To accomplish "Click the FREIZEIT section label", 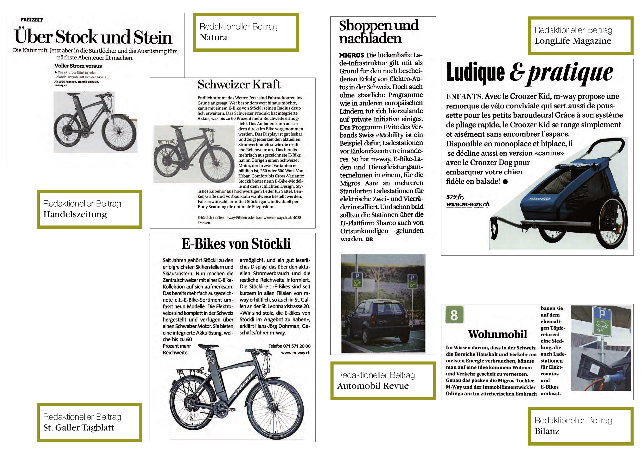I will pyautogui.click(x=32, y=20).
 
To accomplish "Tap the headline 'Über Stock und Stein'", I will pyautogui.click(x=93, y=37).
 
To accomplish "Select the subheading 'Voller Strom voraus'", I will pyautogui.click(x=78, y=66).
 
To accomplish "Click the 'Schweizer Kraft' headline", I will pyautogui.click(x=239, y=84).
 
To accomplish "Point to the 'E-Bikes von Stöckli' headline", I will pyautogui.click(x=236, y=244).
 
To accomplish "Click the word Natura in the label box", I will pyautogui.click(x=213, y=37).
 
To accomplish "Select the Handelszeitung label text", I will pyautogui.click(x=75, y=214).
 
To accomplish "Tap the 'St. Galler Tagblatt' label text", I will pyautogui.click(x=79, y=428).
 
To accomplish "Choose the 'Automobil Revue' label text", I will pyautogui.click(x=373, y=386).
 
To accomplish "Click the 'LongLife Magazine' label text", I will pyautogui.click(x=573, y=41).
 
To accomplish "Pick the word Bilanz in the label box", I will pyautogui.click(x=547, y=431).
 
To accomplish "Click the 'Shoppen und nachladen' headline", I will pyautogui.click(x=378, y=32).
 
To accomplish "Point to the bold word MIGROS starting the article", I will pyautogui.click(x=351, y=55).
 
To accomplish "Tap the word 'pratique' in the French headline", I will pyautogui.click(x=570, y=73).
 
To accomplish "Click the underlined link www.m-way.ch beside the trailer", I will pyautogui.click(x=468, y=204).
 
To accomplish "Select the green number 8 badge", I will pyautogui.click(x=454, y=315).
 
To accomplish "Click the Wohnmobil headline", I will pyautogui.click(x=497, y=334).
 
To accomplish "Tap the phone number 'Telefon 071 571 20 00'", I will pyautogui.click(x=289, y=346).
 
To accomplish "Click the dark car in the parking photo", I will pyautogui.click(x=382, y=322).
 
